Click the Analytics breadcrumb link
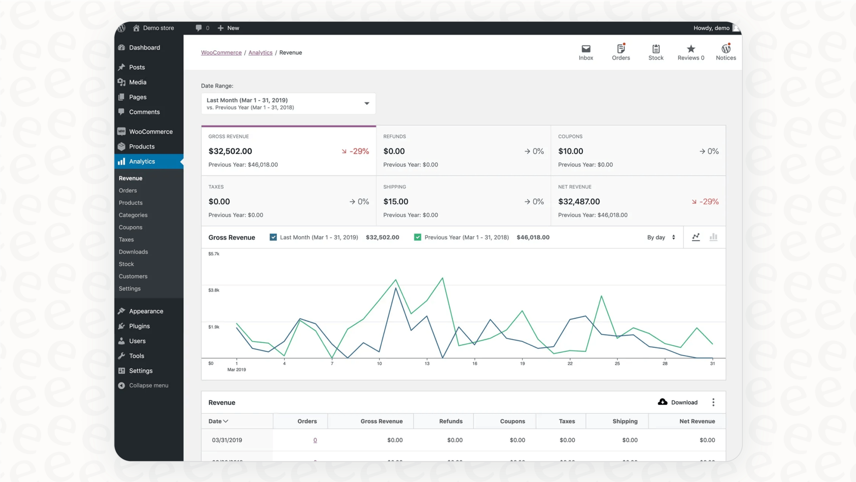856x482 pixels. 260,53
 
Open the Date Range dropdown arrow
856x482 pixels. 366,104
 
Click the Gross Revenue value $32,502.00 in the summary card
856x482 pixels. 230,151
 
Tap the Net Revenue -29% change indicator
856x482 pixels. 705,202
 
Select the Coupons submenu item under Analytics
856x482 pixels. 130,227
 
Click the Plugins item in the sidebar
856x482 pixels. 139,326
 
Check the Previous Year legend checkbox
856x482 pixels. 417,237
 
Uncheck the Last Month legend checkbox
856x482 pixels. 273,237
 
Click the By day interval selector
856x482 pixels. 661,237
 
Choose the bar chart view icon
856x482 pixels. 713,237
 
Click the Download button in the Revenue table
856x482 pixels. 678,402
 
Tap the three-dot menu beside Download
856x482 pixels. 713,402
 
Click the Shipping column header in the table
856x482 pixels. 625,421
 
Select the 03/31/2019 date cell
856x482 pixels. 227,440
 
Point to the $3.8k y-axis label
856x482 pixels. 214,290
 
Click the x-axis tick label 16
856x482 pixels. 474,364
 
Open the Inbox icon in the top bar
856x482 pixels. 586,52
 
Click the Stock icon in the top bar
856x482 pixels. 656,52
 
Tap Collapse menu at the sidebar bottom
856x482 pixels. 148,386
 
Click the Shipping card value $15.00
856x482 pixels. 396,202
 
